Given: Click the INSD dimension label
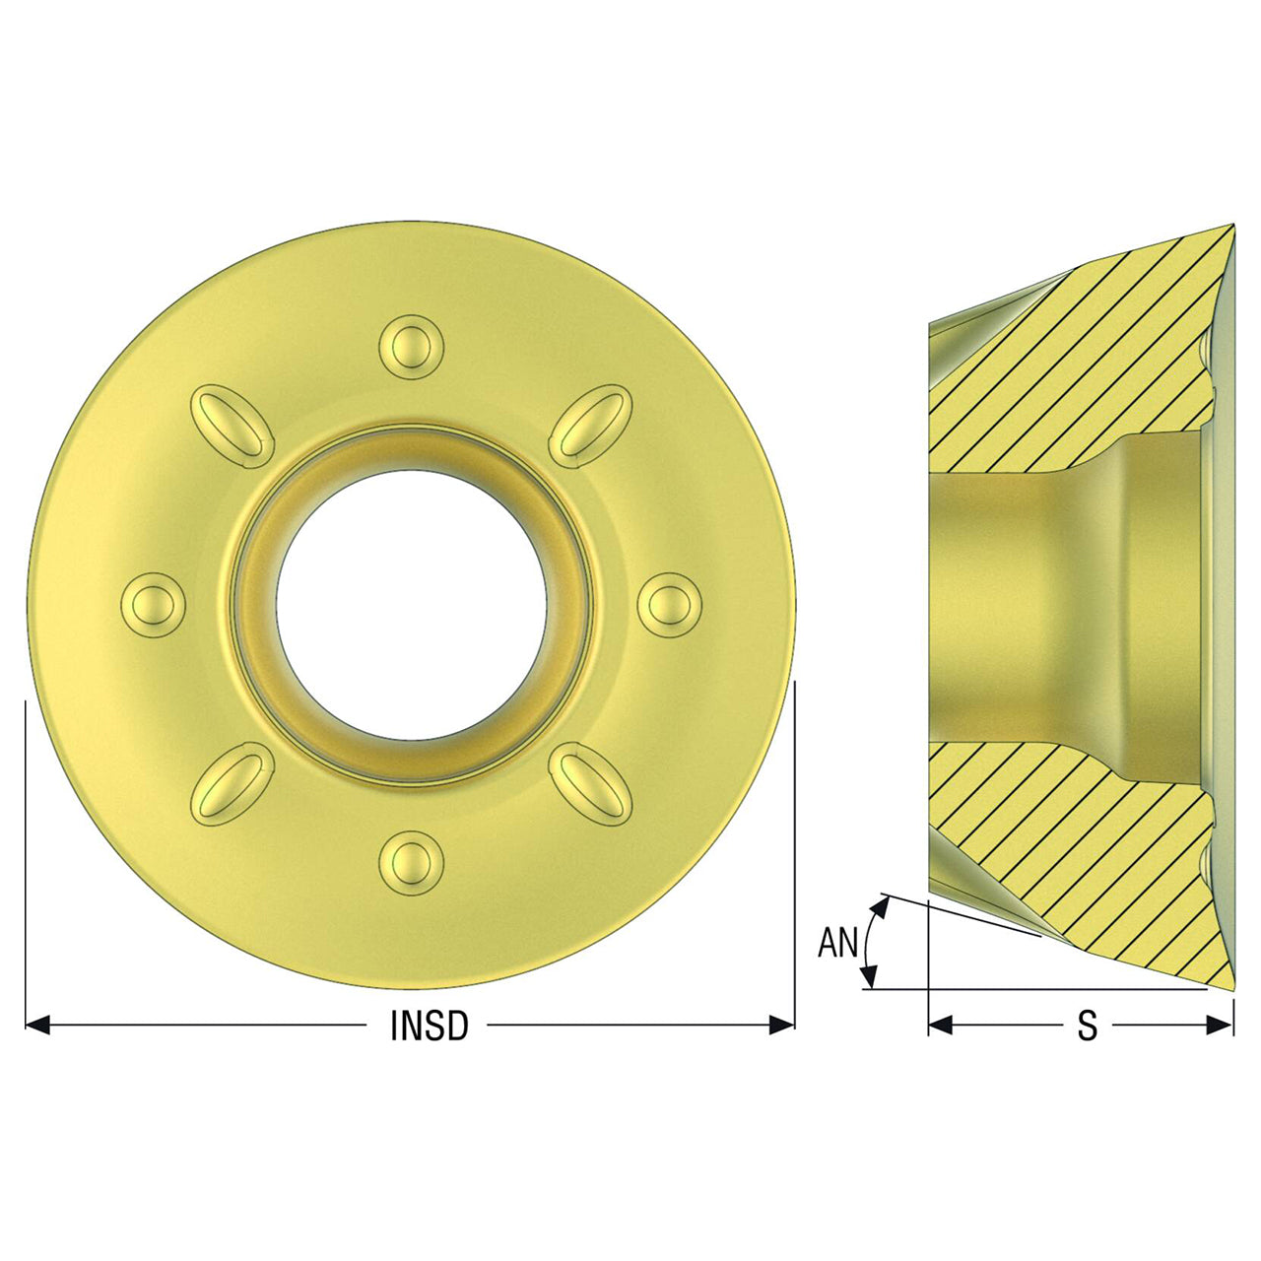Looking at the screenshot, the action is tap(430, 1027).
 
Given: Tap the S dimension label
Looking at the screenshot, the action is tap(1087, 1027).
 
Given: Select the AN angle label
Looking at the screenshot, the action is tap(837, 943).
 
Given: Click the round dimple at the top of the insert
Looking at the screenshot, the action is tap(411, 347).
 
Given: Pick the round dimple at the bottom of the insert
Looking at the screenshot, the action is tap(411, 862).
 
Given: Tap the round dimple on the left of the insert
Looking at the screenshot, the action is tap(154, 605).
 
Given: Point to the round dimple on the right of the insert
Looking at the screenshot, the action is tap(669, 605).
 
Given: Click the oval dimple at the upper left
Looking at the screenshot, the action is tap(232, 427).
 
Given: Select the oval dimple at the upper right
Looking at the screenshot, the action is tap(590, 427).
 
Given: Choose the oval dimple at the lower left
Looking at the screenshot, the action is tap(232, 783).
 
